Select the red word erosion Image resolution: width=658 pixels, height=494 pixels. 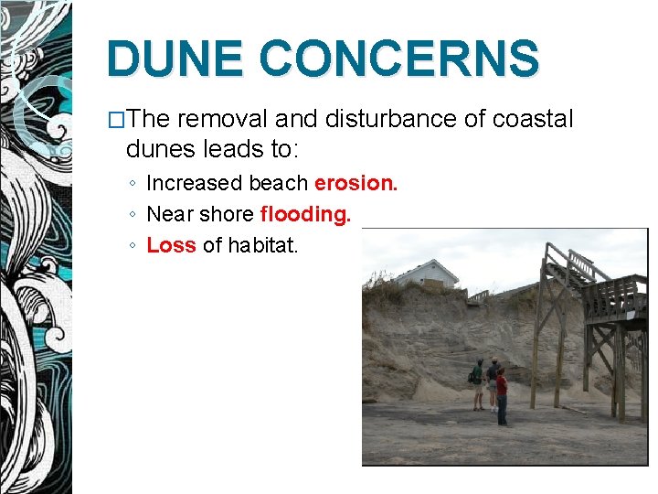pos(356,183)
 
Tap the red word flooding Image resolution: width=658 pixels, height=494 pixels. pos(305,214)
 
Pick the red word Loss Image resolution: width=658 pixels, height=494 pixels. pos(171,245)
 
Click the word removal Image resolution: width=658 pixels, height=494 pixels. pos(232,120)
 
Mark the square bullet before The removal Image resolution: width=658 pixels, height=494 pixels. pos(116,120)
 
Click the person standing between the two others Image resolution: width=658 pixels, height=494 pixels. pos(493,380)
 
